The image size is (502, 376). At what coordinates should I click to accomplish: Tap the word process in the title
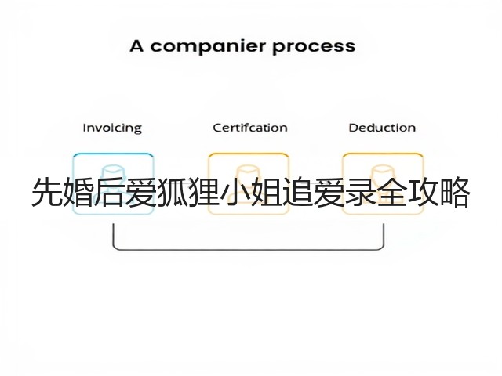[314, 47]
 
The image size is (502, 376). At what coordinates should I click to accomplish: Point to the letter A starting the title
[136, 46]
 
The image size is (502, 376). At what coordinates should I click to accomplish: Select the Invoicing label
[112, 128]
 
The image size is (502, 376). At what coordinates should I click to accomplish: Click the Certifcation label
[250, 128]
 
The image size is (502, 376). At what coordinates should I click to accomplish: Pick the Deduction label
[382, 128]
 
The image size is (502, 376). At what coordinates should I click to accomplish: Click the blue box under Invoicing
[113, 154]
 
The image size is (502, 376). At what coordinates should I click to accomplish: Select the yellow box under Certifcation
[249, 154]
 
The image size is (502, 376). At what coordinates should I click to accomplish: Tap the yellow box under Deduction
[383, 154]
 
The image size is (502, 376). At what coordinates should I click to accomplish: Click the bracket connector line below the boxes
[249, 249]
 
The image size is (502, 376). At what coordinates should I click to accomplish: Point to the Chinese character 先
[47, 192]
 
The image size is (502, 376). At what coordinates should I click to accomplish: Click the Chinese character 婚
[78, 192]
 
